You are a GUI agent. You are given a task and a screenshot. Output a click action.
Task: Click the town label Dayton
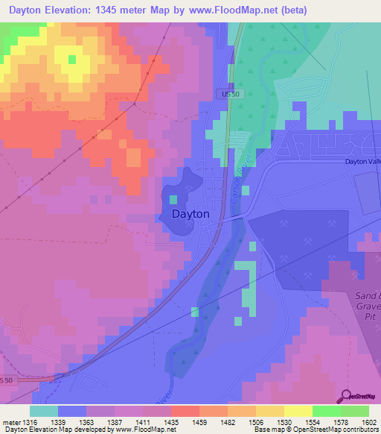click(x=190, y=213)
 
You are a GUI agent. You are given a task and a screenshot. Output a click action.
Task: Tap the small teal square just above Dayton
click(x=173, y=199)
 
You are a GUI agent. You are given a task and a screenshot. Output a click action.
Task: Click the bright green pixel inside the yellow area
click(x=72, y=59)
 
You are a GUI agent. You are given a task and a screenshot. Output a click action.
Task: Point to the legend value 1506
click(x=254, y=421)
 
